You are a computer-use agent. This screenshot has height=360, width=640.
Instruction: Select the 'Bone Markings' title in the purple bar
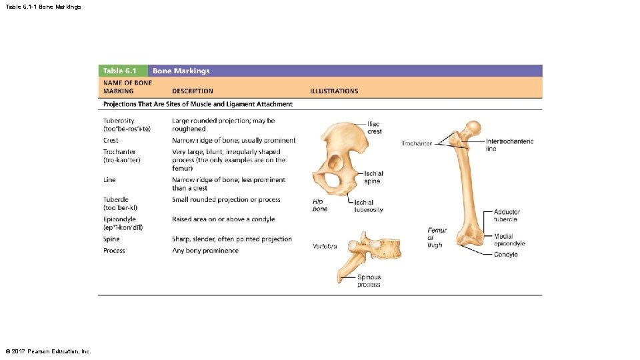click(181, 71)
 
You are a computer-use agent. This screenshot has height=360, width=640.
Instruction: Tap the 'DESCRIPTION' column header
click(193, 91)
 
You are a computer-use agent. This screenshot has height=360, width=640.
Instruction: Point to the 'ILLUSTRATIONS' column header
click(334, 91)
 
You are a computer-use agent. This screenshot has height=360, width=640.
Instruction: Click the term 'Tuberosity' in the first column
click(119, 121)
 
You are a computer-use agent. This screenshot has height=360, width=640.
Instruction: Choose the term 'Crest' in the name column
click(111, 141)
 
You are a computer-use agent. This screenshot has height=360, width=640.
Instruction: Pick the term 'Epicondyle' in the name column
click(119, 219)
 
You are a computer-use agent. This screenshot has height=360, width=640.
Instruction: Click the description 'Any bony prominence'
click(205, 251)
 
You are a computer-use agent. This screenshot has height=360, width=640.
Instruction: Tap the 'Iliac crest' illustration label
click(375, 128)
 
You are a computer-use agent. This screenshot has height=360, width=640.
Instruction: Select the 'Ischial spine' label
click(373, 177)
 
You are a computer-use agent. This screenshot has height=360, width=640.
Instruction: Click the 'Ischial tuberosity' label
click(368, 206)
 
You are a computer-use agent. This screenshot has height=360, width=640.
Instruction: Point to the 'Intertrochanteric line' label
click(509, 145)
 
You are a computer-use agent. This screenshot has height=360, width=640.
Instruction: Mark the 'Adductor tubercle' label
click(506, 215)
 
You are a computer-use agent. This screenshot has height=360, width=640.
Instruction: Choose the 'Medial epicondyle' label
click(509, 239)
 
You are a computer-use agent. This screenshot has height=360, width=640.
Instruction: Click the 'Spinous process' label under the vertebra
click(369, 281)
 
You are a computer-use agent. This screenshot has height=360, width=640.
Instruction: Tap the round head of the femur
click(473, 127)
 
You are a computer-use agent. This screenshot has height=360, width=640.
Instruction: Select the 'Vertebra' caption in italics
click(325, 247)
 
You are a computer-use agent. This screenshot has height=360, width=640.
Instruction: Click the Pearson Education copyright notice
click(47, 351)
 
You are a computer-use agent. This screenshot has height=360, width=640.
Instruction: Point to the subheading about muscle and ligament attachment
click(197, 104)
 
